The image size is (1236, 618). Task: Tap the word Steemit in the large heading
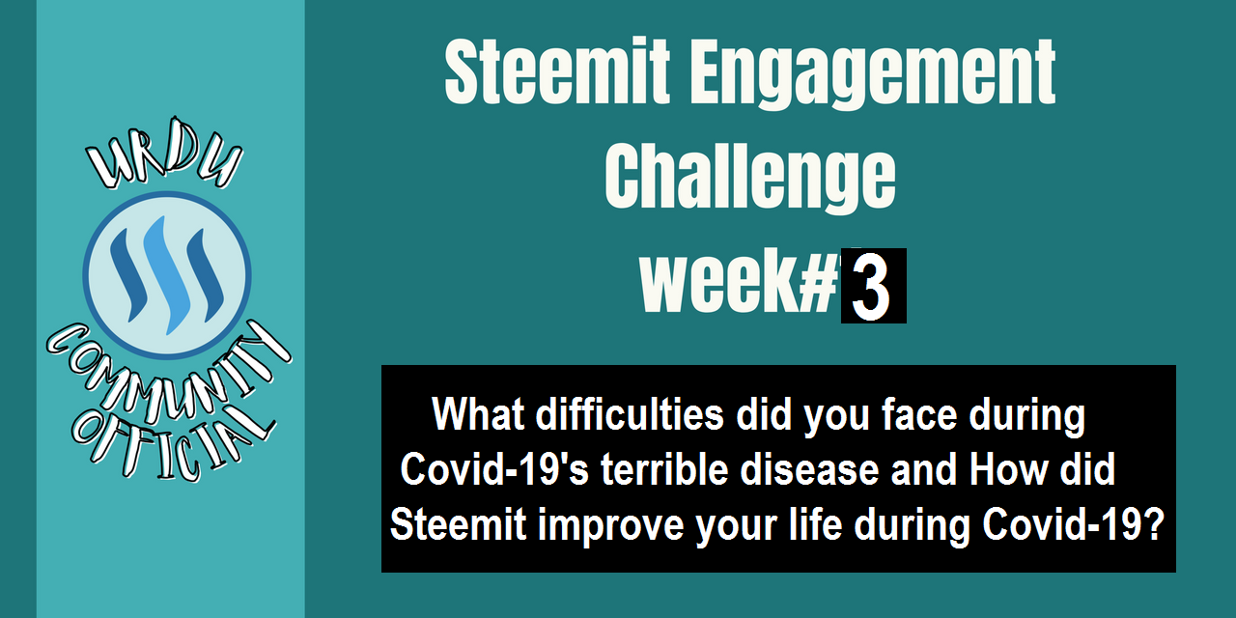tap(557, 70)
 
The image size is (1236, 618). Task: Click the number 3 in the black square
tap(871, 287)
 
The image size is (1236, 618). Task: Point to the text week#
tap(739, 281)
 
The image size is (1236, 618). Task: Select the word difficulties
tap(630, 414)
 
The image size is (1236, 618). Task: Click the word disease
tap(809, 469)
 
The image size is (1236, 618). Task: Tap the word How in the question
tap(1009, 469)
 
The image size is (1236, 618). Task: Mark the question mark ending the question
tap(1153, 523)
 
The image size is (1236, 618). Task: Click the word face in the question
tap(919, 415)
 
